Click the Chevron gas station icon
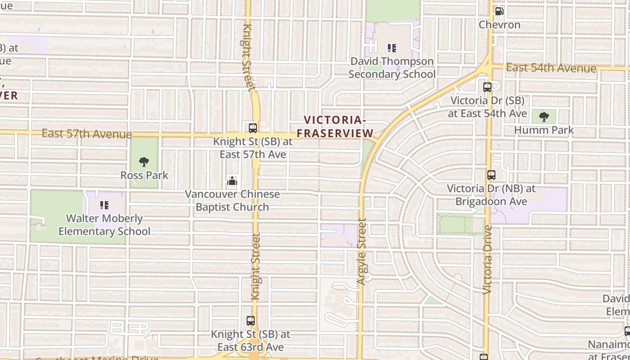(x=499, y=11)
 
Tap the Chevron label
(x=499, y=25)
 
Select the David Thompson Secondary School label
(x=392, y=67)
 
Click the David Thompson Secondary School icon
(x=392, y=48)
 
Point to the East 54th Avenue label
(x=551, y=68)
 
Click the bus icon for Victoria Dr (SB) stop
(x=487, y=87)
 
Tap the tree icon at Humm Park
(x=544, y=117)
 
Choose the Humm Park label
(x=544, y=130)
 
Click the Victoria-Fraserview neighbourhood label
(x=335, y=126)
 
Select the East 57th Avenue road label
(x=87, y=134)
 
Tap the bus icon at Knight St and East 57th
(x=253, y=128)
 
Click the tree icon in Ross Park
(x=144, y=162)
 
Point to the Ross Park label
(x=144, y=175)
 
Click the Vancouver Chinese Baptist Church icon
(x=232, y=181)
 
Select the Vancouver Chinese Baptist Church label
(x=232, y=201)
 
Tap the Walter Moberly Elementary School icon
(x=104, y=206)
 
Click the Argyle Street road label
(x=361, y=252)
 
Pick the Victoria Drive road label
(x=488, y=260)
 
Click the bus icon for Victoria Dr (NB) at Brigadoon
(x=491, y=175)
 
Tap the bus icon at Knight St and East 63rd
(x=251, y=321)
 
